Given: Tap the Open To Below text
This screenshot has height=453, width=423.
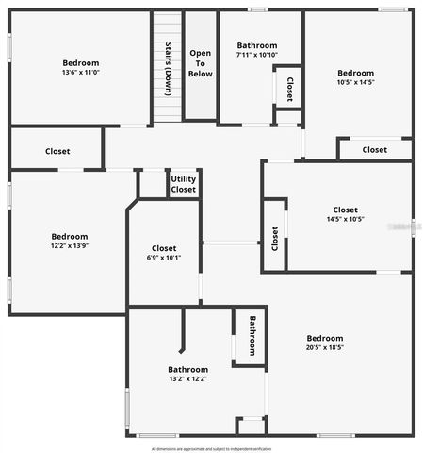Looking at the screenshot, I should [x=200, y=63].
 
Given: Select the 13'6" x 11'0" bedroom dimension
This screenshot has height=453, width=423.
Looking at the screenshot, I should [x=81, y=73].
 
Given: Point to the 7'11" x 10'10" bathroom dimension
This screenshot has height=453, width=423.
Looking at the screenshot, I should [x=257, y=56].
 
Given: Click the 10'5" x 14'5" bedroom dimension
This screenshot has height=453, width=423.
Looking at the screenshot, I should [x=355, y=82].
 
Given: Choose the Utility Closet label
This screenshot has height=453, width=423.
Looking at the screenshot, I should [x=184, y=184].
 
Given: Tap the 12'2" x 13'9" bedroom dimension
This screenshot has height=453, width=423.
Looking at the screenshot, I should [x=70, y=245].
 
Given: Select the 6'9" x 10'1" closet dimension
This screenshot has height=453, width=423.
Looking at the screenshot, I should [x=164, y=258].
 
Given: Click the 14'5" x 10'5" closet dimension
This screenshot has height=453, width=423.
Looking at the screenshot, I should [x=345, y=219].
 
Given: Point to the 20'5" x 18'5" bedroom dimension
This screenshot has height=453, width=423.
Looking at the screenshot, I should [x=325, y=347].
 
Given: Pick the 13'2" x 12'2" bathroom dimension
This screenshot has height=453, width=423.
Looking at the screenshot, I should [x=187, y=378].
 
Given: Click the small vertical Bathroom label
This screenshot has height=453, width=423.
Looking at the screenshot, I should [x=252, y=335].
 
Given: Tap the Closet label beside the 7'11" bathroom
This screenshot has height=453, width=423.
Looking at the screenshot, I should [x=289, y=89].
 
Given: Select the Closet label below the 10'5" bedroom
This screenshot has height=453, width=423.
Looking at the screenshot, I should [x=375, y=149].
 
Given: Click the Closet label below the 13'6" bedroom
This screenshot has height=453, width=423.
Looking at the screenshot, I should [x=57, y=151].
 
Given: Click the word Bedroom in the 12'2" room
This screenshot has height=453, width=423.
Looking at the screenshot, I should [x=70, y=236].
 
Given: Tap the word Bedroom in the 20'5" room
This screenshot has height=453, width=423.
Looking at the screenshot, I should [x=325, y=338].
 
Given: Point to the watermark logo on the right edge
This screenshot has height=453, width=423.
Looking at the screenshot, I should [x=414, y=226].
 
